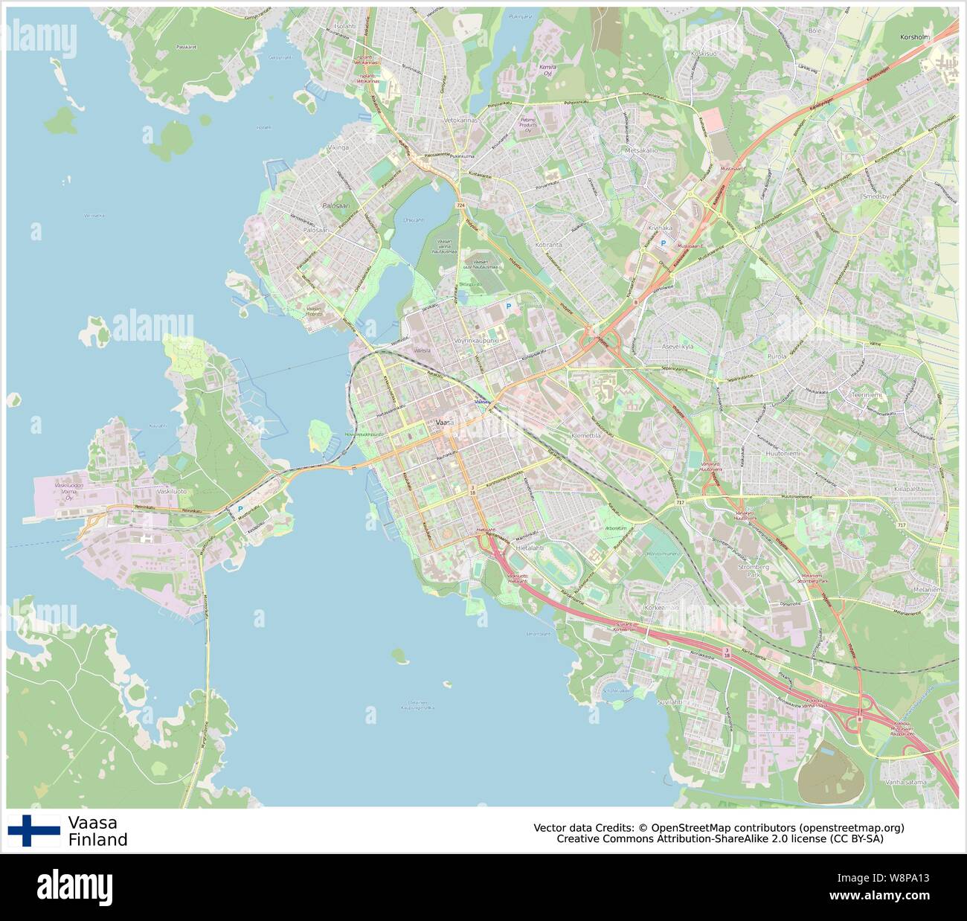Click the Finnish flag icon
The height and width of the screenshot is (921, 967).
point(34,830)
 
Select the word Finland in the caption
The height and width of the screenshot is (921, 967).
point(97,840)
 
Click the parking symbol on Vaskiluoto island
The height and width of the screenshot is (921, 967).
point(240,510)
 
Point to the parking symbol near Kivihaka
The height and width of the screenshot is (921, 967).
point(664,243)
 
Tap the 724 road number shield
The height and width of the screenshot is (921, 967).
point(460,205)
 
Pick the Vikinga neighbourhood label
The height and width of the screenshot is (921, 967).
point(338,148)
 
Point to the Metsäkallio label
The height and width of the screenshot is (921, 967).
point(641,150)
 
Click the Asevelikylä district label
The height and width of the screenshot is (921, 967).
point(678,347)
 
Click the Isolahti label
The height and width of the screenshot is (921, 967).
point(345,26)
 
